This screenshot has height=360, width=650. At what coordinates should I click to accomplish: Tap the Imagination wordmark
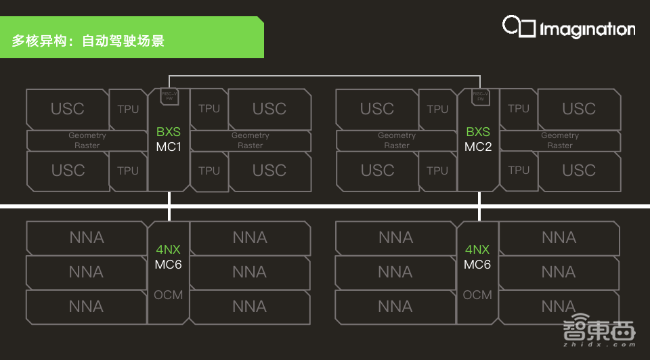[x=587, y=29]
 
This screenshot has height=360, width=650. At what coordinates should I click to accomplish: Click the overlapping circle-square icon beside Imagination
[x=518, y=26]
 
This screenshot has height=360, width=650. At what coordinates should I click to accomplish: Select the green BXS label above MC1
[x=169, y=132]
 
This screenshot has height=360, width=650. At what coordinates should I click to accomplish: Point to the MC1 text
[x=169, y=146]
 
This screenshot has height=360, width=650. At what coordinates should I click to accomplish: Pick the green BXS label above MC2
[x=478, y=132]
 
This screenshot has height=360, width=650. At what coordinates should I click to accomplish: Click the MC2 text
[x=478, y=146]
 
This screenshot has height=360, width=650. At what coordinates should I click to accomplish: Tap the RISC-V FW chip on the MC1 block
[x=169, y=96]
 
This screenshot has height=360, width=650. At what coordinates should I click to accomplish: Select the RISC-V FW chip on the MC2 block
[x=480, y=96]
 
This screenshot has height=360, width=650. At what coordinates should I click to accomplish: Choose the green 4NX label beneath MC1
[x=169, y=250]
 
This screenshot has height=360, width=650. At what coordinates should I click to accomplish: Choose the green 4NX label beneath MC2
[x=477, y=250]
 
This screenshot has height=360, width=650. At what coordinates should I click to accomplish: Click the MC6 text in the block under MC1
[x=169, y=265]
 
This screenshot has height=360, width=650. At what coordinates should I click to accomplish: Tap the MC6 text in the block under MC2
[x=477, y=265]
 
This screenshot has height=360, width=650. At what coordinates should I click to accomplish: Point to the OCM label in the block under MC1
[x=169, y=295]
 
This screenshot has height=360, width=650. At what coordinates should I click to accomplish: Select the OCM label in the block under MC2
[x=477, y=295]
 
